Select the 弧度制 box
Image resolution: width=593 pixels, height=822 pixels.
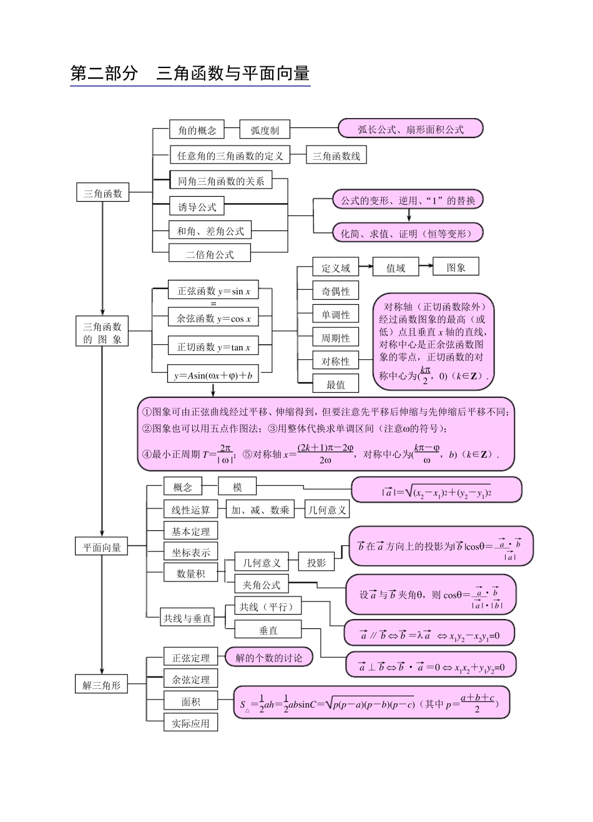tap(265, 130)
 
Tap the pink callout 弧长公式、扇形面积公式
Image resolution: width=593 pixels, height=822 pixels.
tap(410, 129)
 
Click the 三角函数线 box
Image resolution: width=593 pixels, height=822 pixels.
tap(336, 156)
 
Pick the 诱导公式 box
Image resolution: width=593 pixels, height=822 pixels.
tap(197, 207)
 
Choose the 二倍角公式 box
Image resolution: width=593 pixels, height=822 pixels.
tap(210, 254)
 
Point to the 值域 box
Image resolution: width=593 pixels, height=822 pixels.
tap(395, 268)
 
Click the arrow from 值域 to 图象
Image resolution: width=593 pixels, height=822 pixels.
tap(425, 267)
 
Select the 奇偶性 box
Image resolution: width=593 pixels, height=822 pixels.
tap(336, 291)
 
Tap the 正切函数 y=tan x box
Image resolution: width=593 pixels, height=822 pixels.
tap(213, 347)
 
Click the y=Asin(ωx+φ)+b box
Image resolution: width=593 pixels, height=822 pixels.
tap(213, 375)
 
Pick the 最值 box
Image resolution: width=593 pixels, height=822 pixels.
tap(336, 384)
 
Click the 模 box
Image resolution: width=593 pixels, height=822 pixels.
tap(237, 487)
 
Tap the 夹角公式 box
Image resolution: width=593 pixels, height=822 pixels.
tap(262, 585)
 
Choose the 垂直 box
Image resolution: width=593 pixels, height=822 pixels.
tap(268, 630)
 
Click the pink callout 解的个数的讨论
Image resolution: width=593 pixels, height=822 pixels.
tap(268, 657)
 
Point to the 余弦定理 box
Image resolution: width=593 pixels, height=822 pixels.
tap(191, 680)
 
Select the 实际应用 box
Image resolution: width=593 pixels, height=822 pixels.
tap(191, 723)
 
